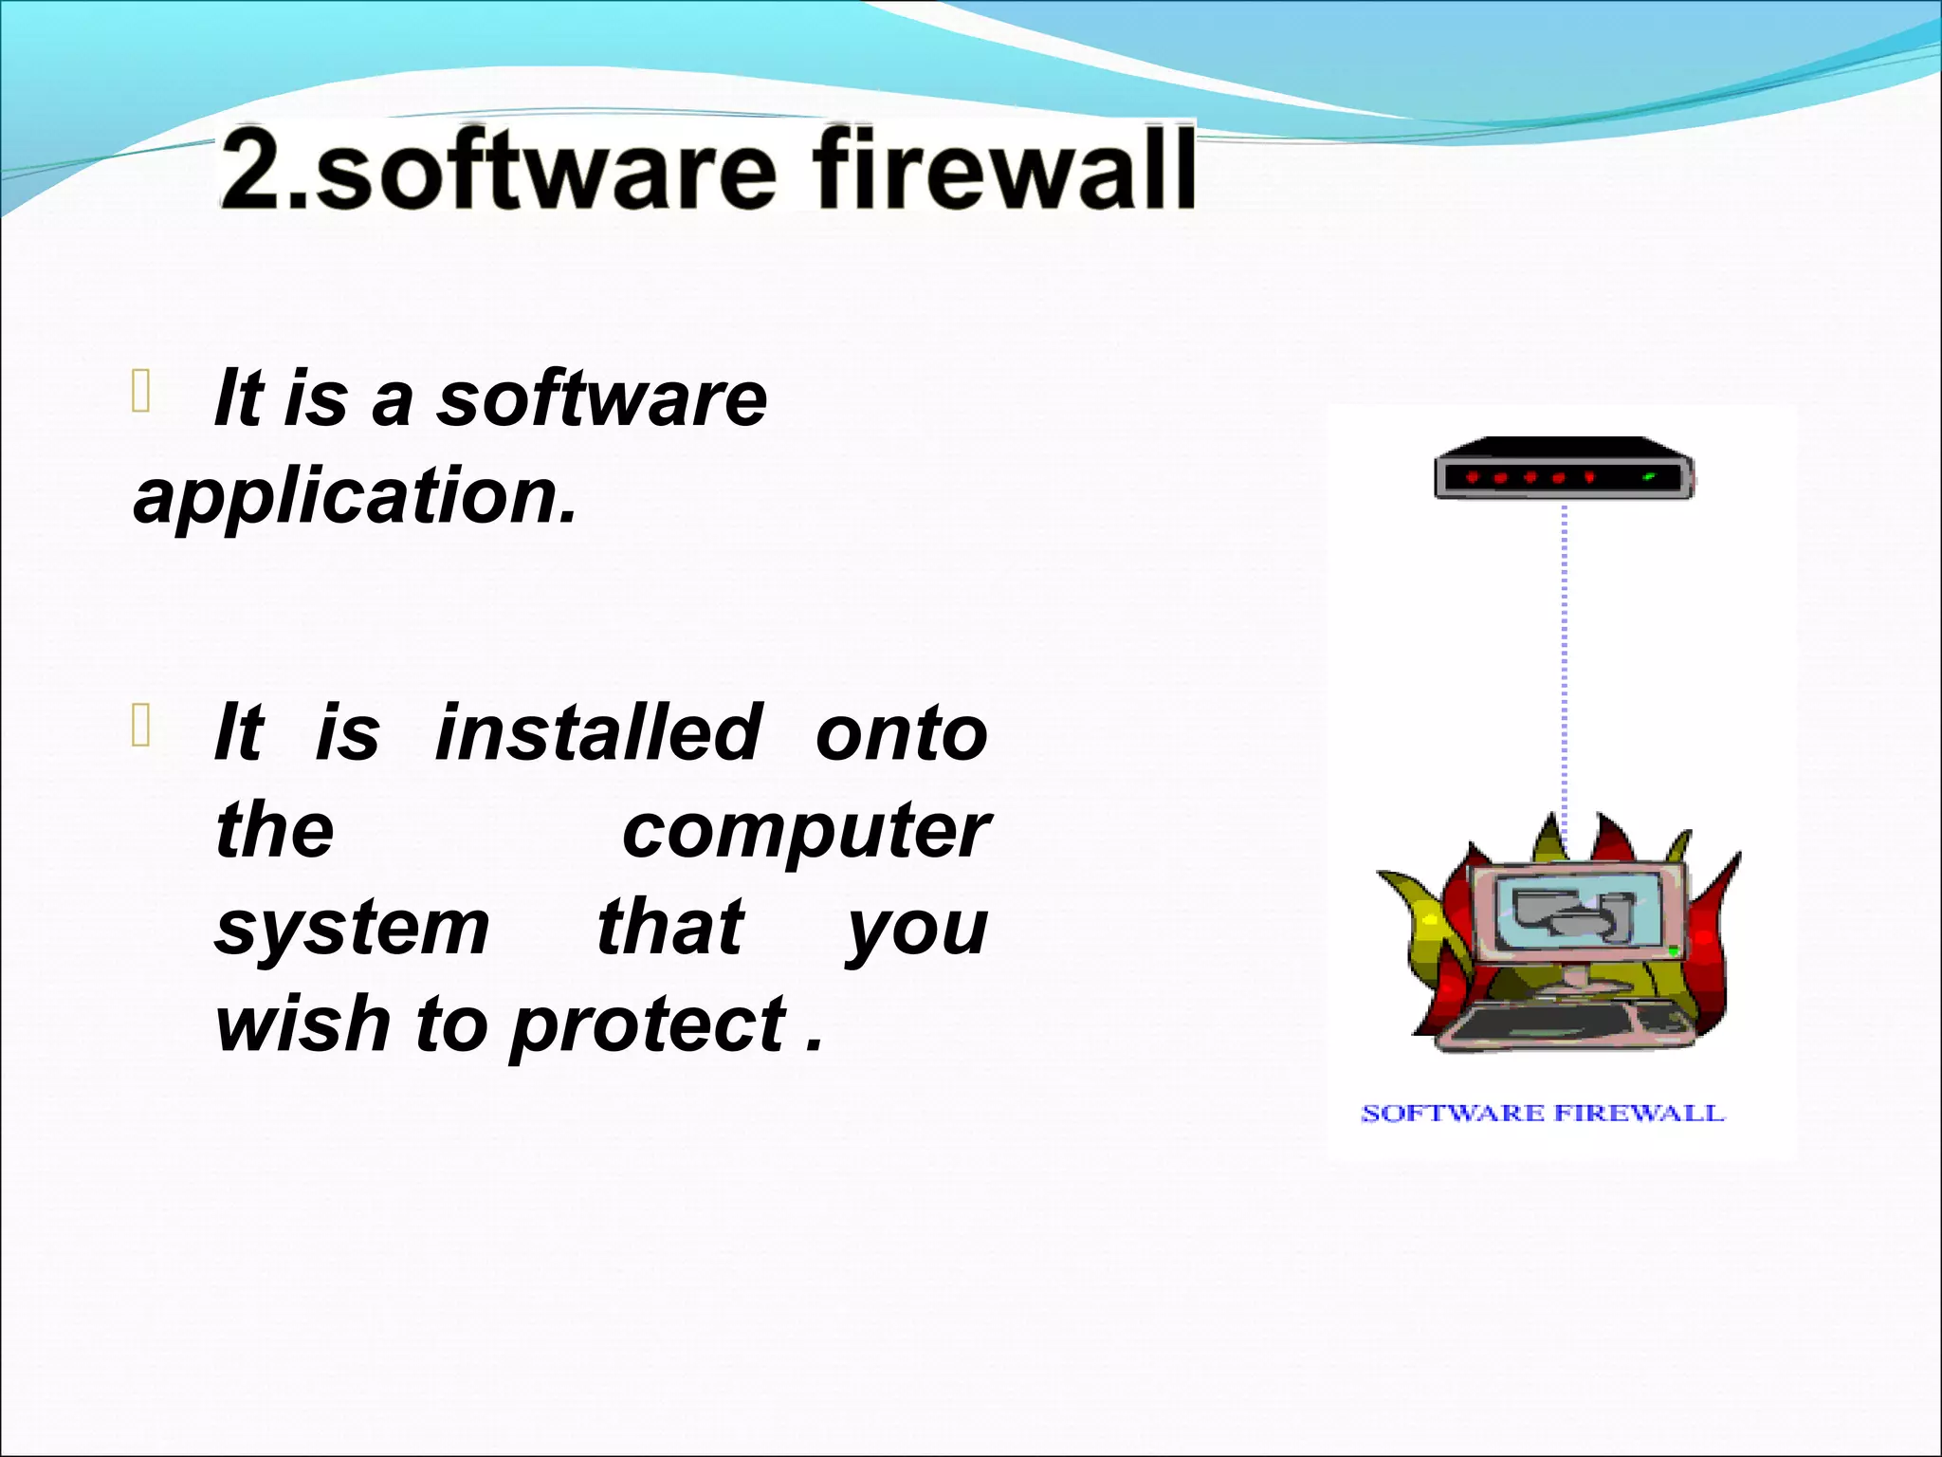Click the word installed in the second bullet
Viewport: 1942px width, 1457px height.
click(598, 732)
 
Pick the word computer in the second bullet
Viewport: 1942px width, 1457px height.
click(806, 831)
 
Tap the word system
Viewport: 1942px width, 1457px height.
click(352, 929)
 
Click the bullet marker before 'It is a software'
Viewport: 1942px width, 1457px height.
click(141, 392)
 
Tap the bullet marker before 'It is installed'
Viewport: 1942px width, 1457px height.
click(141, 727)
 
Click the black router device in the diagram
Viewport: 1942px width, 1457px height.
click(1563, 468)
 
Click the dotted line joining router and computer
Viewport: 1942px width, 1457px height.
click(1565, 664)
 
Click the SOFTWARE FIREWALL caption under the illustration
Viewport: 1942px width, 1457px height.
click(1542, 1113)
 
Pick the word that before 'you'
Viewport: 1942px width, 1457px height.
click(669, 927)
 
